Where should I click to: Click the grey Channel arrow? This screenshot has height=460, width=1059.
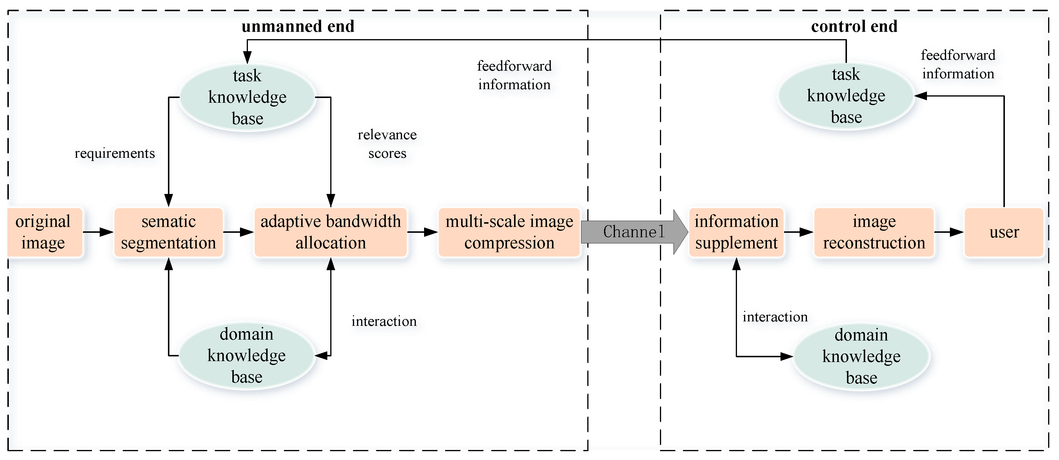point(633,232)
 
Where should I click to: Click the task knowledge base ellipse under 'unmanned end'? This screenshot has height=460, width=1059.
point(247,97)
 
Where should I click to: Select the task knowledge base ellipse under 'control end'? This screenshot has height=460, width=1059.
point(846,96)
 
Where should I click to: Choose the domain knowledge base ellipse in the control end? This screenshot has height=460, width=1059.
point(861,356)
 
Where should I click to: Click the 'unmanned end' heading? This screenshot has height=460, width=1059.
point(298,26)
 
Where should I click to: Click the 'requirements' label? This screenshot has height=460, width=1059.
point(115,153)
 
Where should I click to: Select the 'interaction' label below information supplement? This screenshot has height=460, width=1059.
point(775,317)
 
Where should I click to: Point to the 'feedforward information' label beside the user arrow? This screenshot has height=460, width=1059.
point(958,64)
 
